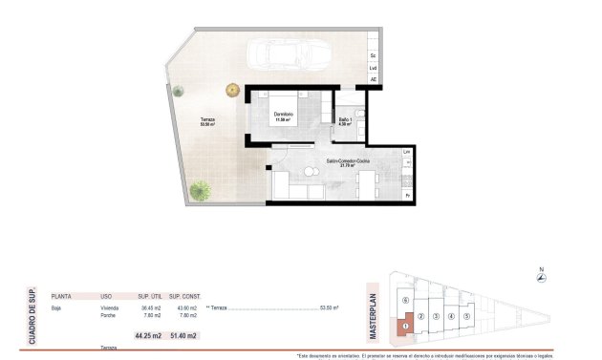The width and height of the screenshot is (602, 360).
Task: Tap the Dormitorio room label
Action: (283, 116)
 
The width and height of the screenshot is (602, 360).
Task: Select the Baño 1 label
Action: (346, 119)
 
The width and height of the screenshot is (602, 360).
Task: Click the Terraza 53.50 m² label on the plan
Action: (207, 121)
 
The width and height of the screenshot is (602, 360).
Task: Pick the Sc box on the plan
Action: (374, 55)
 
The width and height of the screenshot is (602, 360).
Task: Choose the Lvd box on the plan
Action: (374, 68)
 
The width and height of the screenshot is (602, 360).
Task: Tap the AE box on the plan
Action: (374, 80)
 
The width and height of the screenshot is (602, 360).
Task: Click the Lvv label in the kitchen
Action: (407, 153)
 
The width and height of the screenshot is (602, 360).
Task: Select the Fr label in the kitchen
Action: (407, 196)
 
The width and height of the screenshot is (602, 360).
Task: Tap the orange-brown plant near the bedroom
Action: (232, 90)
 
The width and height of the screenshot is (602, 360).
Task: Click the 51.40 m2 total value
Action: (183, 335)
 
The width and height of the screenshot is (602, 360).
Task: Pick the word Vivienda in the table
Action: (109, 308)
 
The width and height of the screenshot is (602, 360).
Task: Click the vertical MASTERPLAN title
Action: (375, 313)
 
